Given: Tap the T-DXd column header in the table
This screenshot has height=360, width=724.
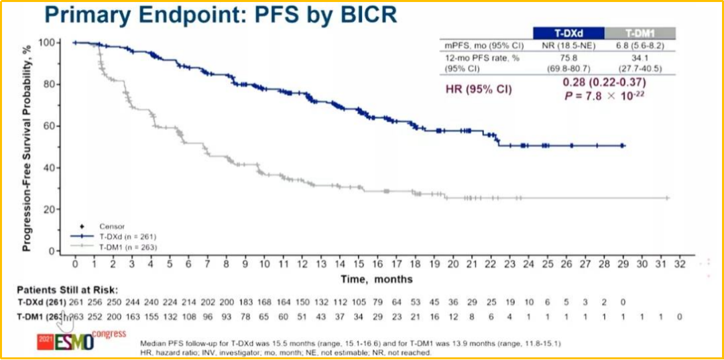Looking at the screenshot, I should tap(568, 33).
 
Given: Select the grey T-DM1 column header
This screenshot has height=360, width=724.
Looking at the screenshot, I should tap(640, 33).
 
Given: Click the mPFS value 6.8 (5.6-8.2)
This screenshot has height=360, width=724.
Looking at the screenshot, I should tap(640, 46).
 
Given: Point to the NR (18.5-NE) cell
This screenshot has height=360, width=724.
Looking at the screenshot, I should tap(568, 46).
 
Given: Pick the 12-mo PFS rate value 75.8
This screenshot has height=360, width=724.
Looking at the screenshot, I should tap(568, 58).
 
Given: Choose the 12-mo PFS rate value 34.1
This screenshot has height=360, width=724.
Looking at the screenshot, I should tap(640, 58).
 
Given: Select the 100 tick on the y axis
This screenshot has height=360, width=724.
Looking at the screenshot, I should tap(48, 43).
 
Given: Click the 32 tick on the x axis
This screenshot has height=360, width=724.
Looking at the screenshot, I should tap(680, 265).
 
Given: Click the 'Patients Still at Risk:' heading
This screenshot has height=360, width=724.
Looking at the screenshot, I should tap(65, 290).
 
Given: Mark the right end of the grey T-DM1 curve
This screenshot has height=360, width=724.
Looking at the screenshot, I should tap(668, 198).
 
